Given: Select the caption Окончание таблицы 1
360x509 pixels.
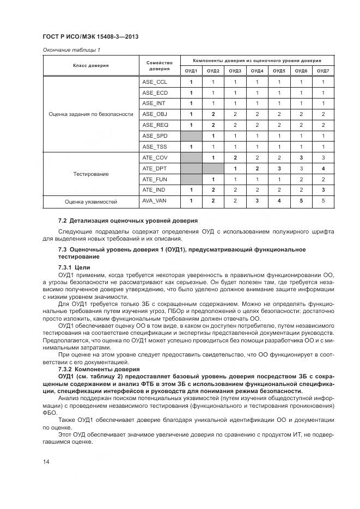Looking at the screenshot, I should click(x=71, y=50).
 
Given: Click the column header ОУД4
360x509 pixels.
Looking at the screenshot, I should click(x=257, y=71).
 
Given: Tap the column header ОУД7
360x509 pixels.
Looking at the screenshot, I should click(x=323, y=71).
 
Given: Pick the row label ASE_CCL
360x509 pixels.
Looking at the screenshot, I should click(x=155, y=82).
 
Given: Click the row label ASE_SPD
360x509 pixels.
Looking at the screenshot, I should click(x=155, y=136).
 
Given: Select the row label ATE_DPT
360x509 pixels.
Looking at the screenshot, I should click(x=155, y=168).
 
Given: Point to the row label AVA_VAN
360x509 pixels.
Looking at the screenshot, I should click(x=155, y=201).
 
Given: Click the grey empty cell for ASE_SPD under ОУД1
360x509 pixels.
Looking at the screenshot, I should click(x=191, y=136).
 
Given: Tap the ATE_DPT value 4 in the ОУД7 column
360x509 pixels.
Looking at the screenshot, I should click(x=323, y=168).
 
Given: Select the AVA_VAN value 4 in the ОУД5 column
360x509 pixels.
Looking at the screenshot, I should click(x=279, y=201).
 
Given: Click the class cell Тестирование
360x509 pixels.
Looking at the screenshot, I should click(x=91, y=174).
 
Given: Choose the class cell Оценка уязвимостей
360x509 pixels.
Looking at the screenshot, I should click(x=91, y=201).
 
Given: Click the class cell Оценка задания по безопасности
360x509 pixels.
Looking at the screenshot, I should click(x=91, y=114).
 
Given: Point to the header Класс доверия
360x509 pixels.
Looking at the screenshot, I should click(x=91, y=65).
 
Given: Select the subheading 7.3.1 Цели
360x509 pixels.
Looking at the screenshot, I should click(x=74, y=267).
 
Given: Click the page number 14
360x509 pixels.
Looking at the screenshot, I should click(x=46, y=462).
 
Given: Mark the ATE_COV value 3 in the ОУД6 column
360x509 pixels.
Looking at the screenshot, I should click(x=301, y=157).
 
